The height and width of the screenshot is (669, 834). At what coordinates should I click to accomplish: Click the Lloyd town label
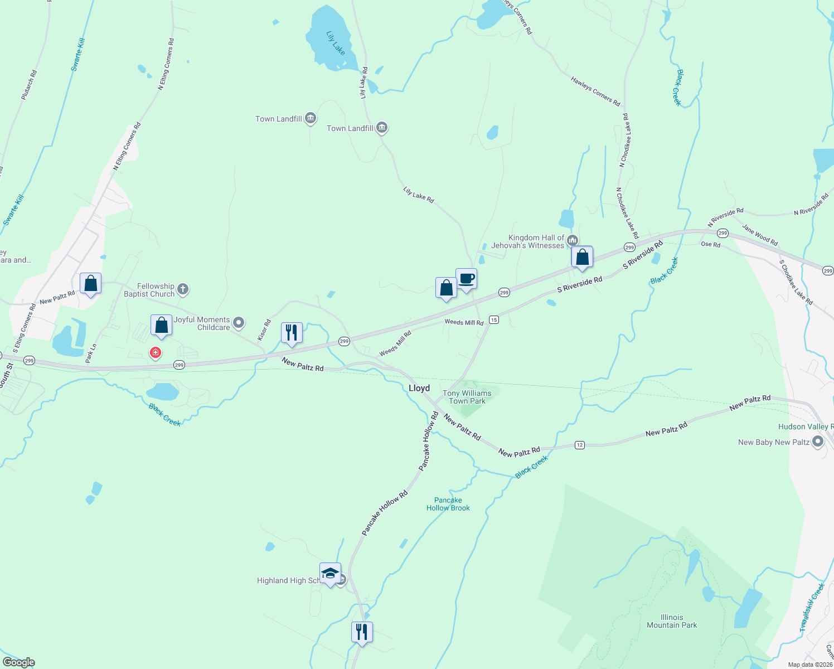pos(419,388)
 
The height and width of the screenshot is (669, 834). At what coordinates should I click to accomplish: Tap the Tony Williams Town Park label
pos(467,397)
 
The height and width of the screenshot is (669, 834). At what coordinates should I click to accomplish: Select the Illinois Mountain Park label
pos(672,621)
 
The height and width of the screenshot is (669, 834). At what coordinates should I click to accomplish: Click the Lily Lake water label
pos(336,43)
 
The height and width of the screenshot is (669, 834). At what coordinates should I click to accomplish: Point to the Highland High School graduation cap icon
pos(330,574)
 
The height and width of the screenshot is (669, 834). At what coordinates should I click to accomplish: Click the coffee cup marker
pos(466,279)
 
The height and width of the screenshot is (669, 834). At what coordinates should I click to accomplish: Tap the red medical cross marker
pos(156,352)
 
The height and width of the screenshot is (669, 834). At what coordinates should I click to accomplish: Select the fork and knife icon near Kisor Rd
pos(292,332)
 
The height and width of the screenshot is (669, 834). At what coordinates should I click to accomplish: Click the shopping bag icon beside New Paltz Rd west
pos(90,283)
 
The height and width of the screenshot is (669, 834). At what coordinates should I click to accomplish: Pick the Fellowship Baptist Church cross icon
pos(183,289)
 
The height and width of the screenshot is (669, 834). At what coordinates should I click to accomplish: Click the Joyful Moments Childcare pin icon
pos(239,322)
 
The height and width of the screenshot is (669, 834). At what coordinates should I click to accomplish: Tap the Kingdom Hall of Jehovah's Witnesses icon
pos(573,241)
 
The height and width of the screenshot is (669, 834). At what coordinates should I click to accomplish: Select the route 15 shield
pos(493,319)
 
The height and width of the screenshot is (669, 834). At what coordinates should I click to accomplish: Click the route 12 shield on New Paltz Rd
pos(580,445)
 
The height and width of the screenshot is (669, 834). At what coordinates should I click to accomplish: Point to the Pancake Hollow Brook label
pos(448,504)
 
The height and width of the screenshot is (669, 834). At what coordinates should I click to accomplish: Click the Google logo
pos(19,662)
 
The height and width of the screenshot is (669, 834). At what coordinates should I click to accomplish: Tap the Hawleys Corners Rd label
pos(595,91)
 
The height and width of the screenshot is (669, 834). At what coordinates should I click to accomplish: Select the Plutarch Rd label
pos(29,85)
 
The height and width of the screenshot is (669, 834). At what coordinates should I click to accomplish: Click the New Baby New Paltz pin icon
pos(818,442)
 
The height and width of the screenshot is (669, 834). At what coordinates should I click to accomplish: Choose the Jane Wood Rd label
pos(759,235)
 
